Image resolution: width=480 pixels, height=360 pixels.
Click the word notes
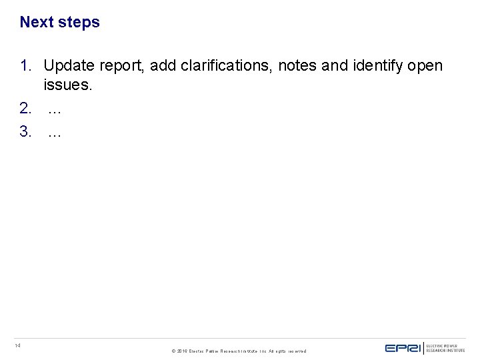297,66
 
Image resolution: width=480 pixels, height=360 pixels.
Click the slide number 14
18,345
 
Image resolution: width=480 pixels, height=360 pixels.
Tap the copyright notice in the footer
239,351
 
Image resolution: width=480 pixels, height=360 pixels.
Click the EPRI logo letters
403,347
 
